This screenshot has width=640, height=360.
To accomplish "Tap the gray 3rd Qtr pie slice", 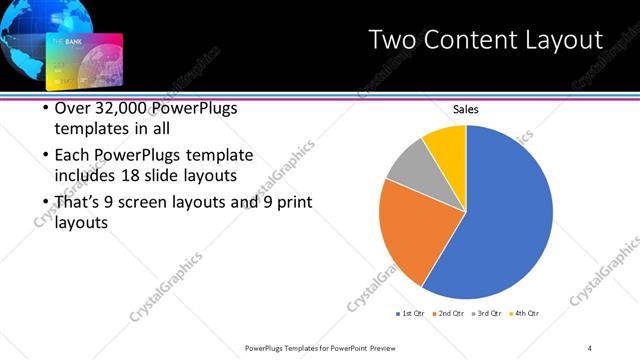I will click(x=409, y=164).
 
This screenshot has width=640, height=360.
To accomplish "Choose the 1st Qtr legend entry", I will click(x=411, y=314).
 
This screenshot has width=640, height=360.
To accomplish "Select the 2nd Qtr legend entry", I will click(x=448, y=314).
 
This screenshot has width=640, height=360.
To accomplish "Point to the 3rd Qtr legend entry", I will click(x=486, y=314).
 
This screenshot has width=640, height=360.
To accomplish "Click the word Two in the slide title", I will click(x=393, y=40).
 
